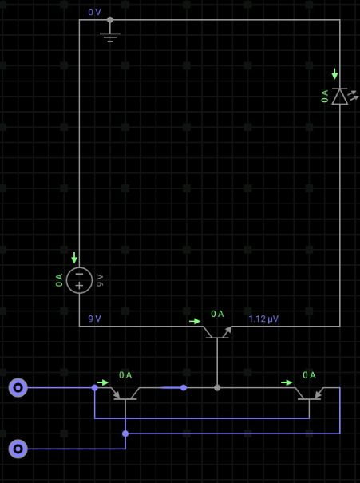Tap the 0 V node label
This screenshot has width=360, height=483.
coord(94,12)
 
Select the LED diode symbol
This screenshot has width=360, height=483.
coord(340,97)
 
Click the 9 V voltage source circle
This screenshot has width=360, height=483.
coord(79,280)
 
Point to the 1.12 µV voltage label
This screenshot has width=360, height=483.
coord(263,319)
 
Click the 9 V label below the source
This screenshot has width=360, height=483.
coord(94,319)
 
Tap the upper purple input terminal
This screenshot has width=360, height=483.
coord(18,387)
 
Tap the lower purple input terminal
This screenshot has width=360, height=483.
coord(18,449)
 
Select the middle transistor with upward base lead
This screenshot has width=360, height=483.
coord(217,333)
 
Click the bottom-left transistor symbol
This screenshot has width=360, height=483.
coord(125,394)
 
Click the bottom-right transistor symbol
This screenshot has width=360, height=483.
coord(309,394)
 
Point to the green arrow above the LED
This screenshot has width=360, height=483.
coord(334,74)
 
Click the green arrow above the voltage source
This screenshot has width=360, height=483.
coord(74,258)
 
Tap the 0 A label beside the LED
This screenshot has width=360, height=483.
coord(325,97)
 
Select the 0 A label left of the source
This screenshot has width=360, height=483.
coord(59,280)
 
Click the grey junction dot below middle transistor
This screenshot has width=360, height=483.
coord(217,387)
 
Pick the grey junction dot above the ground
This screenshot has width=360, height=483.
coord(110,20)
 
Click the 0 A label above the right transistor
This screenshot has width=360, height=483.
coord(309,375)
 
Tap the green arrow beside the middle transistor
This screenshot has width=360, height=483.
coord(195,321)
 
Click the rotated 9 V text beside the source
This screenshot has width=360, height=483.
coord(100,280)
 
